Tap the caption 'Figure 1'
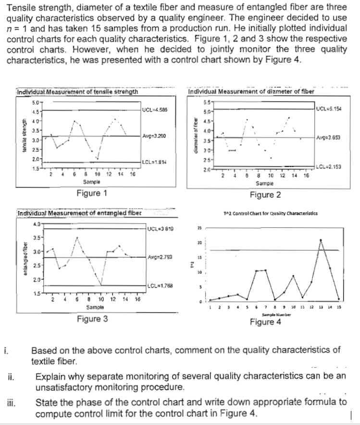tap(92, 193)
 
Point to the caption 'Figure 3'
tap(92, 318)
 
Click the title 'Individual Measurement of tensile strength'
tap(77, 91)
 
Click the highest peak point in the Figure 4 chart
tap(321, 240)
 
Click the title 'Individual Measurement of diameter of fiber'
tap(251, 91)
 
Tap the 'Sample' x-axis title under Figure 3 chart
tap(94, 307)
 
